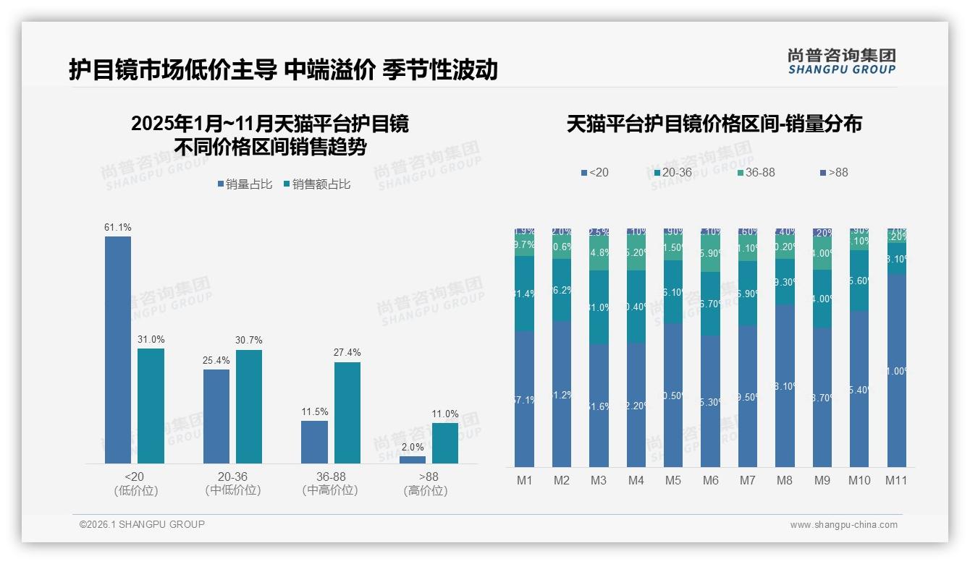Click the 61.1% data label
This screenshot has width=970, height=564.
tap(118, 228)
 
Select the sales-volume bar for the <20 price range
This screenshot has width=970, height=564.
tap(118, 349)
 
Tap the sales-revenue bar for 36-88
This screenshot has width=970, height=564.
tap(347, 412)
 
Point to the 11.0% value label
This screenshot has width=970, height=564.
tap(445, 414)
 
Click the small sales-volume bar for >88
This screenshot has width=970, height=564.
tap(413, 459)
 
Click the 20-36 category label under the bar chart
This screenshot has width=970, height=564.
tap(232, 483)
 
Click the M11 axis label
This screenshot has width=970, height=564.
tap(897, 480)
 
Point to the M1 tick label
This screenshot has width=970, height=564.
tap(524, 480)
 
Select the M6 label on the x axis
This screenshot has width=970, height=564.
tap(710, 480)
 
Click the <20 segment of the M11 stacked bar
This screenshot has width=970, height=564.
tap(897, 370)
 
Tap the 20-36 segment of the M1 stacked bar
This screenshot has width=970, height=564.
tap(524, 294)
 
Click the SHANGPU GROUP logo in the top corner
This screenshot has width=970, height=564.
tap(841, 61)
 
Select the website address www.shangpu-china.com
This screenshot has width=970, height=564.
tap(843, 525)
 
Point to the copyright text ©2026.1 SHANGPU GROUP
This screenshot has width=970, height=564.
tap(142, 524)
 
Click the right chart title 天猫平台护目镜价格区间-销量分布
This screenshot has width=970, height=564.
tap(714, 124)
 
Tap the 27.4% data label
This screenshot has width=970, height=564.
tap(347, 353)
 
